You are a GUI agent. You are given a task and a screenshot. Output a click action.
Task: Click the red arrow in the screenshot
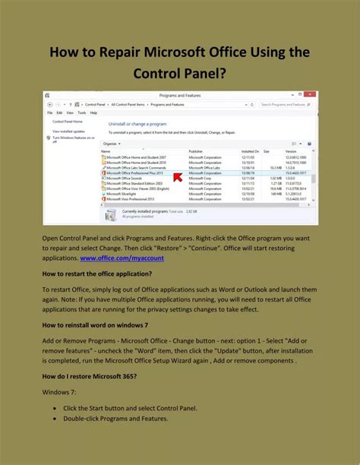pyautogui.click(x=200, y=177)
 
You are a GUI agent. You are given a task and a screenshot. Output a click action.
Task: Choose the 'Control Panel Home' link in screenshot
pyautogui.click(x=68, y=122)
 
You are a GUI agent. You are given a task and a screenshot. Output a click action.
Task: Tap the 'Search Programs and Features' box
pyautogui.click(x=286, y=104)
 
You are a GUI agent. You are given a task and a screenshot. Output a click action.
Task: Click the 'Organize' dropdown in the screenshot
pyautogui.click(x=111, y=143)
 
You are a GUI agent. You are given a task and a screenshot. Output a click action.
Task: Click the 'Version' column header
pyautogui.click(x=291, y=152)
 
